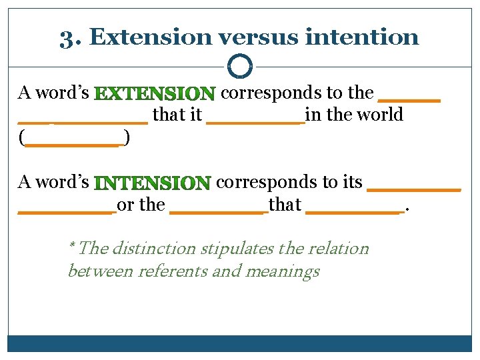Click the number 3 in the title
[65, 37]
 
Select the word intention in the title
[361, 37]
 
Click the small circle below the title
[239, 66]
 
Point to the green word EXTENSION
[155, 93]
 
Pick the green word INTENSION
[153, 182]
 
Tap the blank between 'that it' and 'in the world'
[255, 120]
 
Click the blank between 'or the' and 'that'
[219, 210]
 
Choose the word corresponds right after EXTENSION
[263, 93]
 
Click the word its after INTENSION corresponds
[351, 182]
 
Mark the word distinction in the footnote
[154, 249]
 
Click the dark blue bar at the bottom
[239, 343]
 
